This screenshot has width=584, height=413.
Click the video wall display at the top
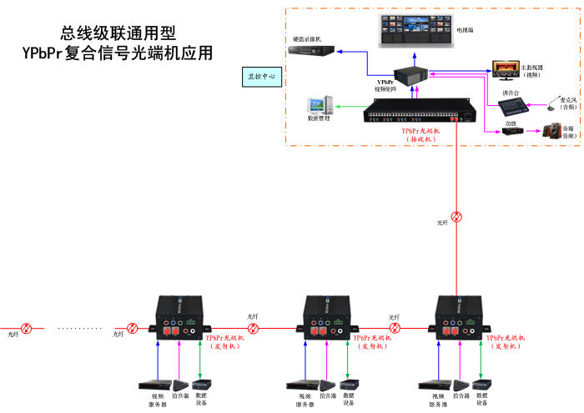point(415,29)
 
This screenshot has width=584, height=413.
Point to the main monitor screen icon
point(505,66)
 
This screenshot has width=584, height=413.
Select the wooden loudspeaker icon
point(551,130)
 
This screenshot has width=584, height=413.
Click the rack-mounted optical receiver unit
point(413,113)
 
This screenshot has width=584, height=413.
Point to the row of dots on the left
point(79,328)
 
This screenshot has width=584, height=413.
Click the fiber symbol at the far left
point(27,328)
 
